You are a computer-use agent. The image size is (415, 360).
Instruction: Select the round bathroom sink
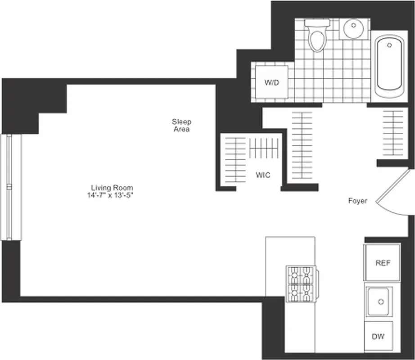point(353,29)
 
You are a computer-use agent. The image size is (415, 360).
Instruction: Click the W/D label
point(271,83)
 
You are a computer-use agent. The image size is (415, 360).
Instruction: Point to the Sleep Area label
point(181,125)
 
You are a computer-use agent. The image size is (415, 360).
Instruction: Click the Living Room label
point(112,188)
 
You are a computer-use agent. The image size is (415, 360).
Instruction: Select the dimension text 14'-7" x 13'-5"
point(112,195)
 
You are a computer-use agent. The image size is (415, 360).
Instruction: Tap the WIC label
point(263,175)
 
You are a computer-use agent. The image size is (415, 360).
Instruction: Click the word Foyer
point(357,201)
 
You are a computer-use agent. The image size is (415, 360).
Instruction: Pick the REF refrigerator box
point(382,263)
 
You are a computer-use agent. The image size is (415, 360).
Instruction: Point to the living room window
point(11,187)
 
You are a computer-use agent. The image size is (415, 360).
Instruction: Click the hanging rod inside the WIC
point(264,148)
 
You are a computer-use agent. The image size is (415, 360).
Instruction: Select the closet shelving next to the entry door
point(393,132)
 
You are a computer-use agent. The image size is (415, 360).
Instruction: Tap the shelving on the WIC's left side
point(235,160)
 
